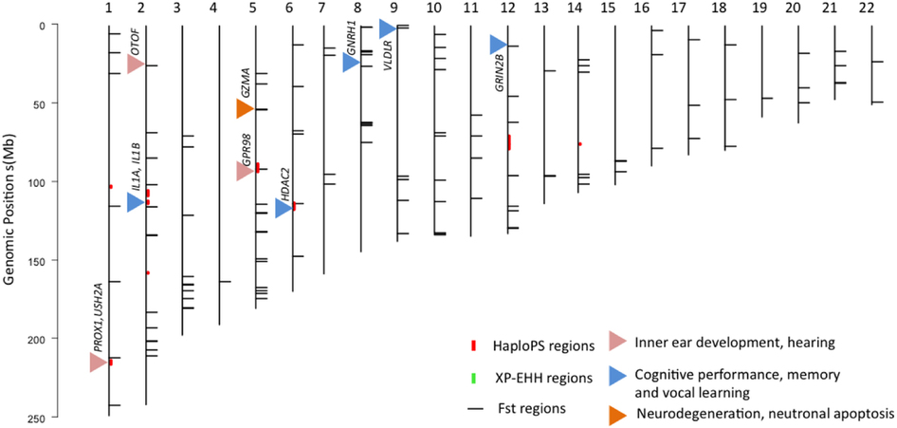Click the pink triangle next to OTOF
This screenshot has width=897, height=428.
click(135, 64)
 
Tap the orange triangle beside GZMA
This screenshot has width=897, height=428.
click(244, 109)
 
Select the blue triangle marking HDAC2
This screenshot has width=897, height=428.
click(283, 208)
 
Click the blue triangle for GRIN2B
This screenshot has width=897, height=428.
click(498, 44)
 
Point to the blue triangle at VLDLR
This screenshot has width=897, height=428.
click(386, 28)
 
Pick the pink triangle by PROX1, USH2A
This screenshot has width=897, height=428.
click(98, 362)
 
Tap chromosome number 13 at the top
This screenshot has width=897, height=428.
click(543, 9)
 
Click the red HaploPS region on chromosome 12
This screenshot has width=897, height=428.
click(508, 142)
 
